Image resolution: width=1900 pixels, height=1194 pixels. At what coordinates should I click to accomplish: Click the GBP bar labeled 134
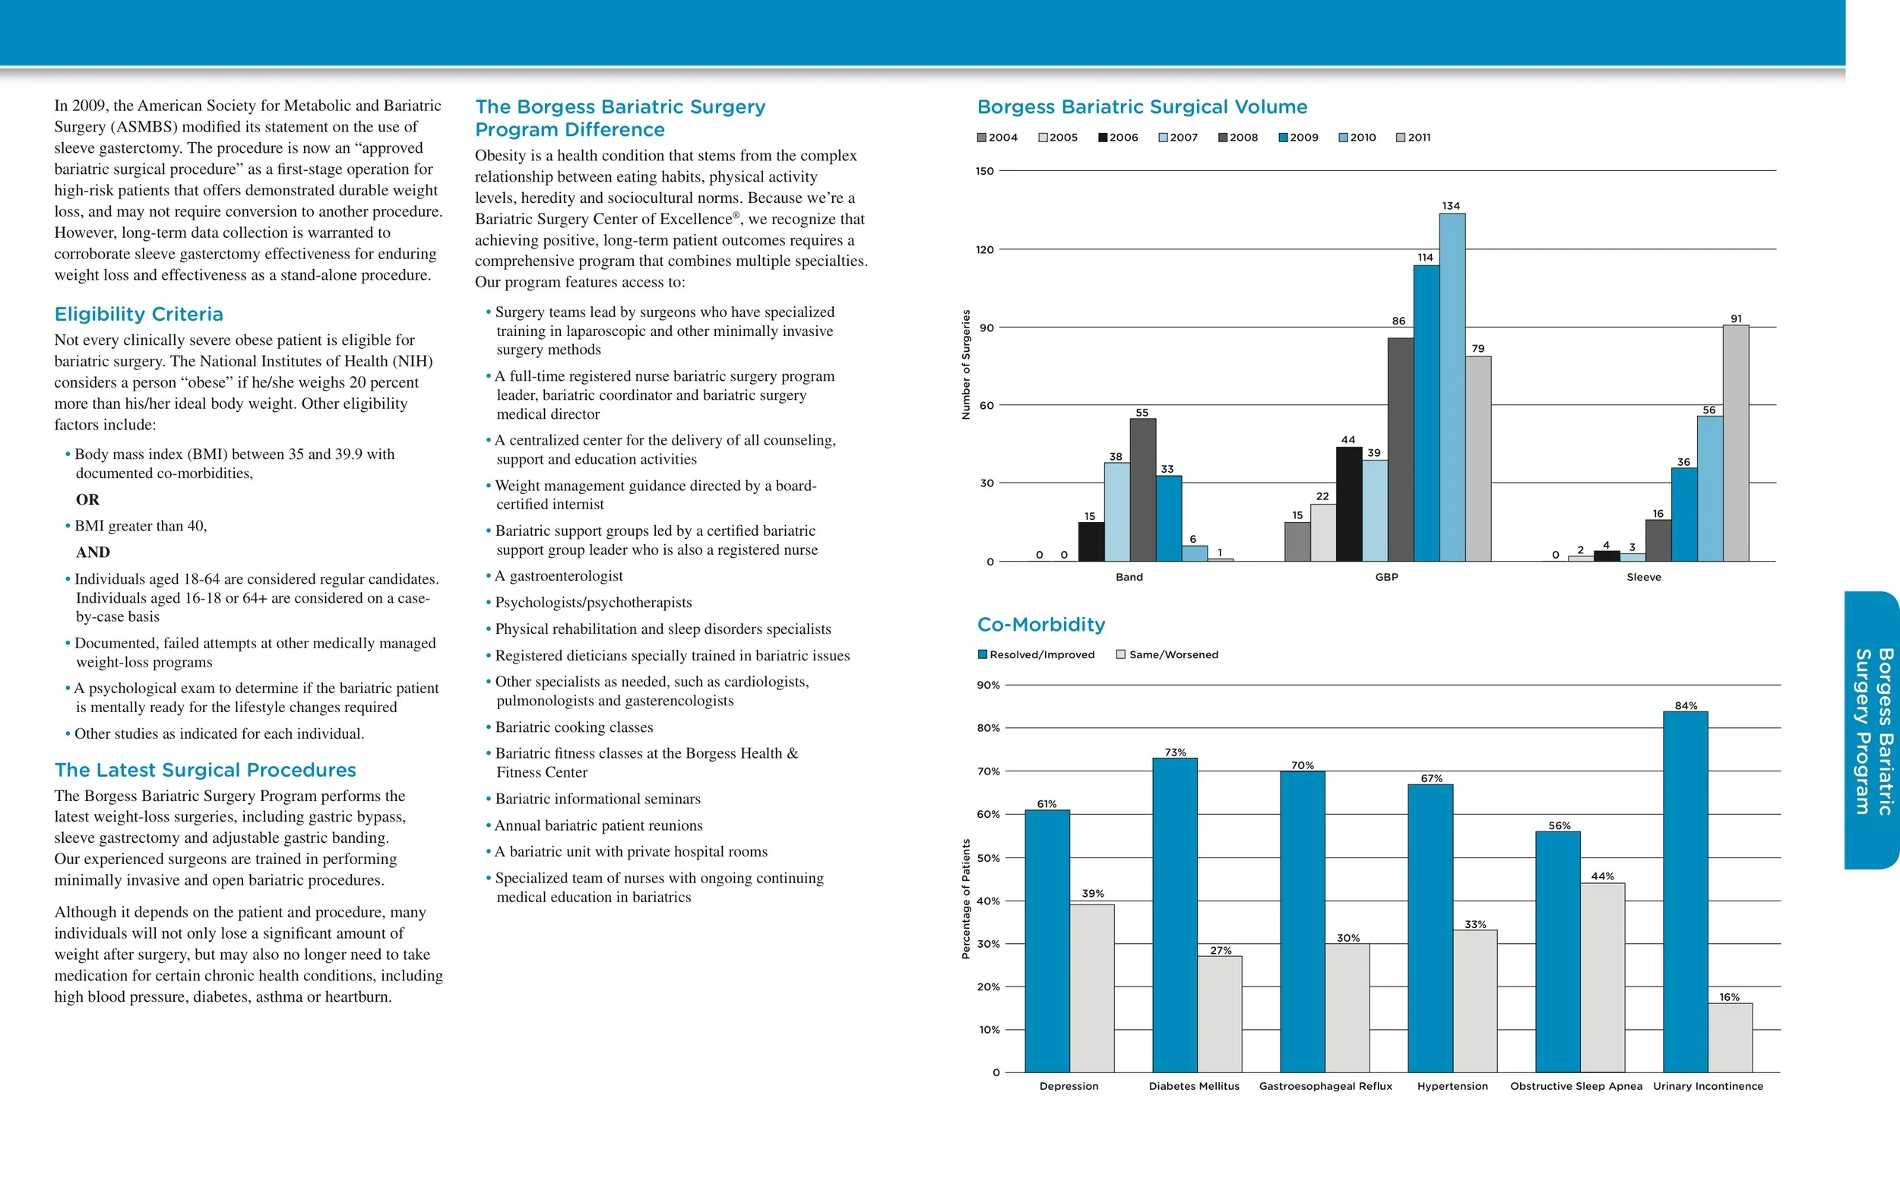1452,387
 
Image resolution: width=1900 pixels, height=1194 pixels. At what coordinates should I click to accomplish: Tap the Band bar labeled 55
1142,489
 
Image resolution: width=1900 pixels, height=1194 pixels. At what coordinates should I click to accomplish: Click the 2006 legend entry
1118,138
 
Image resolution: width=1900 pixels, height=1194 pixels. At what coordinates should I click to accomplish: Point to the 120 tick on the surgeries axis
985,250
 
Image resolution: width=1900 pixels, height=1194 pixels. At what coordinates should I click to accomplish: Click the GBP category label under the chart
1386,577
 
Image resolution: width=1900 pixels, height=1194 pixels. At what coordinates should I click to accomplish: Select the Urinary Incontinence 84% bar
1686,892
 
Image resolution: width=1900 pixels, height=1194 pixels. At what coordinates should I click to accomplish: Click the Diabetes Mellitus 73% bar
1174,915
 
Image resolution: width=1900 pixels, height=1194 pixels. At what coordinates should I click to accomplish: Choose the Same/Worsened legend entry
1167,654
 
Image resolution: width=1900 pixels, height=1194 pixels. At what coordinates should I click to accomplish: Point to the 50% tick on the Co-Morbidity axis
988,858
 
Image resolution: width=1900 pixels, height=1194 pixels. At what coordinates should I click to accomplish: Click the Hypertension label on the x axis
1452,1086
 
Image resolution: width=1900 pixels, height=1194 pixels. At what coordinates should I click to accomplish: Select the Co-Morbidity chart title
1040,624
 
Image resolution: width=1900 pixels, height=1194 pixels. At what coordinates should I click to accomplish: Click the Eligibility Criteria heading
139,314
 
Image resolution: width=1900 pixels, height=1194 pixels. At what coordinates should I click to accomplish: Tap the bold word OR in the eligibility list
87,499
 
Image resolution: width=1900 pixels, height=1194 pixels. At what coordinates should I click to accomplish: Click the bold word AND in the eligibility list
92,553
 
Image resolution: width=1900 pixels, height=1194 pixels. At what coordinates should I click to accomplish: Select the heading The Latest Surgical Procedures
205,769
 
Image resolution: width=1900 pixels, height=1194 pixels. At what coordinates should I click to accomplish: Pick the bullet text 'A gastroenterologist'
559,576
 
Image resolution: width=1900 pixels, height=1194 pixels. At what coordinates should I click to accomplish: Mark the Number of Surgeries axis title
966,365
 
